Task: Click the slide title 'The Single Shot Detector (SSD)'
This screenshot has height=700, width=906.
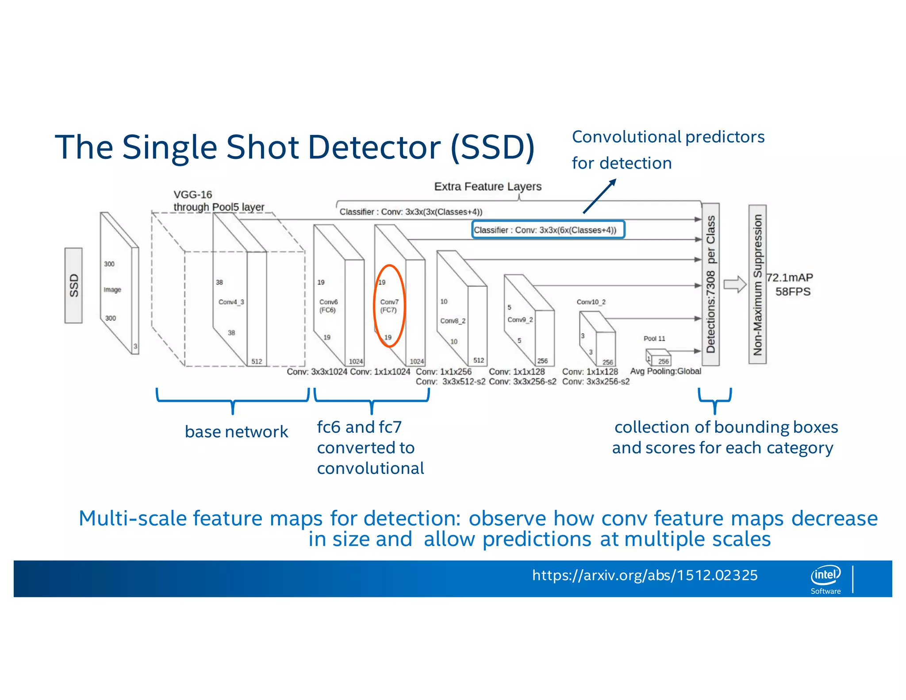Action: [x=295, y=147]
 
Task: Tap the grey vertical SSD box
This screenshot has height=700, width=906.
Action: [x=73, y=285]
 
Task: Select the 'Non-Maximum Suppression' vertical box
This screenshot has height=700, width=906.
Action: [x=757, y=285]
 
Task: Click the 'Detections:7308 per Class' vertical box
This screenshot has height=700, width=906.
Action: [x=710, y=285]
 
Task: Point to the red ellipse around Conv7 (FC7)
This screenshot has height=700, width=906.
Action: [x=389, y=306]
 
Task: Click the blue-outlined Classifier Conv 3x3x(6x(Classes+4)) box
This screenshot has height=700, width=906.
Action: [x=548, y=230]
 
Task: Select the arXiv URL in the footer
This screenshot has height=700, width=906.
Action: [x=645, y=575]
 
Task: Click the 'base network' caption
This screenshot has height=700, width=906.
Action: [x=236, y=432]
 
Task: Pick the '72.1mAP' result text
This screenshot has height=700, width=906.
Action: [x=790, y=278]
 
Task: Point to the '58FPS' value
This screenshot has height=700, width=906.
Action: [x=793, y=292]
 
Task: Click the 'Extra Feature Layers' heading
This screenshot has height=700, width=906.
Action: [x=488, y=187]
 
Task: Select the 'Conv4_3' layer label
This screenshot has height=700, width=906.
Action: [x=231, y=302]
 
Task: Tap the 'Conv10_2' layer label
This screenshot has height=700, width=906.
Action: [x=591, y=302]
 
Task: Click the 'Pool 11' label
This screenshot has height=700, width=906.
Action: [x=654, y=338]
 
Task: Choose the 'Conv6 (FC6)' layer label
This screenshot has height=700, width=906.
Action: [x=328, y=306]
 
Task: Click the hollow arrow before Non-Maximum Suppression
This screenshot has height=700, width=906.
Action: [x=735, y=285]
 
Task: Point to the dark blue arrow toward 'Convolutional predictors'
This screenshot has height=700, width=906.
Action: [x=599, y=196]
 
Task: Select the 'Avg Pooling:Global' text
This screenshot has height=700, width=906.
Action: [x=665, y=371]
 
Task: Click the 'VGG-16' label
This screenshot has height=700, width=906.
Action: [x=193, y=195]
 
